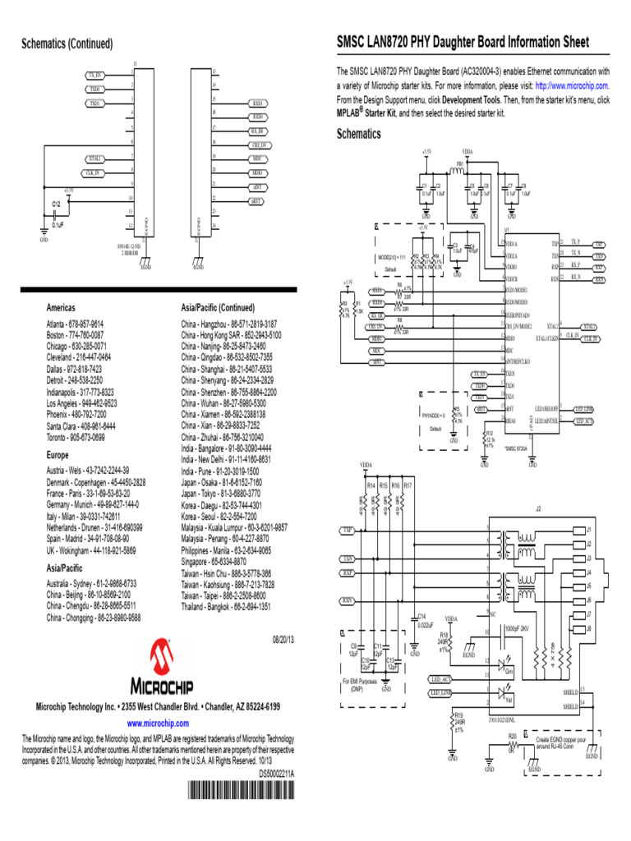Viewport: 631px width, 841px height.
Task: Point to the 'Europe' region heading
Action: [x=58, y=454]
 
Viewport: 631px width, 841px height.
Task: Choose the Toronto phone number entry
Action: [x=76, y=438]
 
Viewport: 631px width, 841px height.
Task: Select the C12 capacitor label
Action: [x=55, y=203]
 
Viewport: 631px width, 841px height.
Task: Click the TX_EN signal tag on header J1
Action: [x=95, y=76]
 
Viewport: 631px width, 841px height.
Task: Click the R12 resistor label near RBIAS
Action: [x=489, y=432]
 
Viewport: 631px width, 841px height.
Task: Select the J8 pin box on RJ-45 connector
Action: [x=588, y=628]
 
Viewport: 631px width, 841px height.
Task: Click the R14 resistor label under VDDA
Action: [x=371, y=486]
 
